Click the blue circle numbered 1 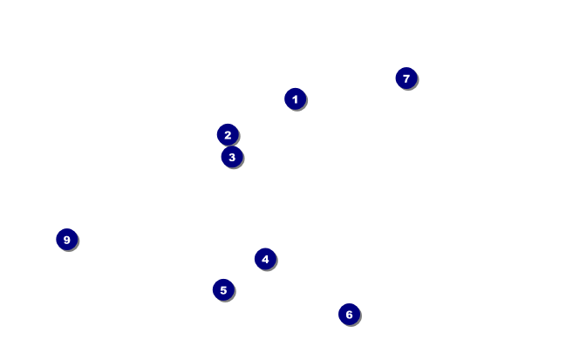click(295, 98)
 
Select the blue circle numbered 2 click(228, 134)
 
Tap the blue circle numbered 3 click(231, 157)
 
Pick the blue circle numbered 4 click(265, 259)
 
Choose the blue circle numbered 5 click(223, 289)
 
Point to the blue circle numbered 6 click(349, 314)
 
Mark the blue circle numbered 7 click(406, 78)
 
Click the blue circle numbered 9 click(66, 239)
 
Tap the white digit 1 click(295, 98)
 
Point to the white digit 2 click(228, 134)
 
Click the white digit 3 click(231, 157)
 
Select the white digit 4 click(265, 259)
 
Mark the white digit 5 click(223, 289)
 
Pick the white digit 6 click(349, 314)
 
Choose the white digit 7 click(406, 78)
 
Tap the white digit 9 click(66, 239)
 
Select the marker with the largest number click(66, 239)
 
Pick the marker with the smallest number click(295, 98)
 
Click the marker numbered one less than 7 click(349, 314)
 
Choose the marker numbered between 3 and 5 click(265, 259)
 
